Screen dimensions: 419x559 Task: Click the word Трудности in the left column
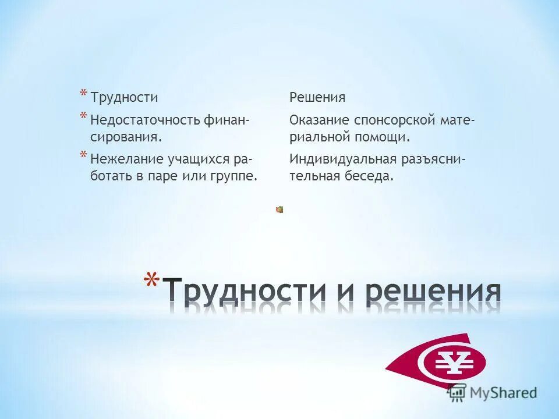124,97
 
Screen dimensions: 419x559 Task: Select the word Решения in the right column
317,97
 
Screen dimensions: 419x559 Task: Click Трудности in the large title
244,289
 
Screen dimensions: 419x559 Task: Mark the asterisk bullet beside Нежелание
84,155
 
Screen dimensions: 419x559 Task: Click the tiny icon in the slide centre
279,210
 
